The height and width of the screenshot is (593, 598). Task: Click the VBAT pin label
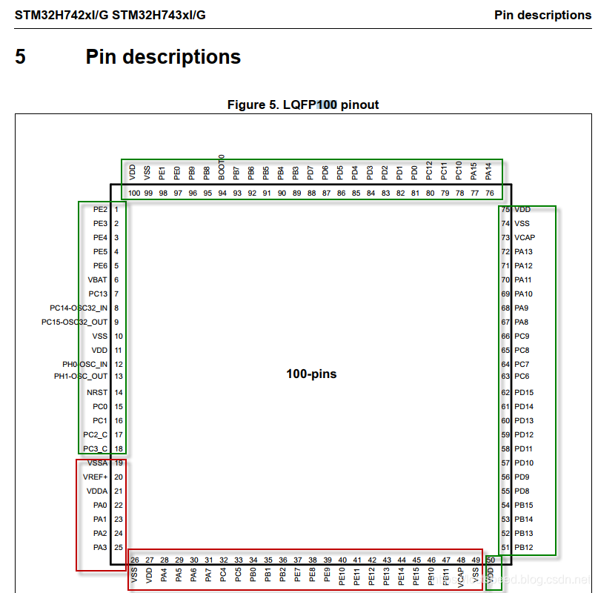pyautogui.click(x=97, y=280)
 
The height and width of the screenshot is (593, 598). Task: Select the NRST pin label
pyautogui.click(x=97, y=393)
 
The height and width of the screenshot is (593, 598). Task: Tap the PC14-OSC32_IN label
pyautogui.click(x=79, y=308)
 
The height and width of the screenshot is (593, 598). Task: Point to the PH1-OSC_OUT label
pyautogui.click(x=81, y=377)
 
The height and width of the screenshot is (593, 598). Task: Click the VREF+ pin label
pyautogui.click(x=96, y=477)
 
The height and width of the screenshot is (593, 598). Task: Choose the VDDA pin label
pyautogui.click(x=96, y=491)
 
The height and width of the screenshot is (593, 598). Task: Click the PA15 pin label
pyautogui.click(x=474, y=171)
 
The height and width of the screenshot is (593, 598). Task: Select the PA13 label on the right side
pyautogui.click(x=524, y=252)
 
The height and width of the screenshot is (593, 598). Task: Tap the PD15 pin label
pyautogui.click(x=524, y=393)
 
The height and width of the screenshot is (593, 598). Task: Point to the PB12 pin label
pyautogui.click(x=524, y=548)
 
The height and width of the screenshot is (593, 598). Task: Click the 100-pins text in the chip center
pyautogui.click(x=311, y=374)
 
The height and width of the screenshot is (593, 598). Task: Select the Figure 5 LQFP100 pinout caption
pyautogui.click(x=303, y=105)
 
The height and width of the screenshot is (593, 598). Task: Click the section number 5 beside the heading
pyautogui.click(x=21, y=57)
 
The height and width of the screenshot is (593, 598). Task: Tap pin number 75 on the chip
pyautogui.click(x=505, y=210)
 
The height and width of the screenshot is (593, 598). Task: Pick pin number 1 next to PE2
pyautogui.click(x=117, y=210)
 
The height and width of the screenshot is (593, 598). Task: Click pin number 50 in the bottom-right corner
pyautogui.click(x=491, y=560)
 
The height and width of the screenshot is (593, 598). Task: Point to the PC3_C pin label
pyautogui.click(x=96, y=449)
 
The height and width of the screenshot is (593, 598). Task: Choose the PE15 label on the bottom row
pyautogui.click(x=416, y=576)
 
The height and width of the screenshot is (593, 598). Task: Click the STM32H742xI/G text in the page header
pyautogui.click(x=61, y=15)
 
